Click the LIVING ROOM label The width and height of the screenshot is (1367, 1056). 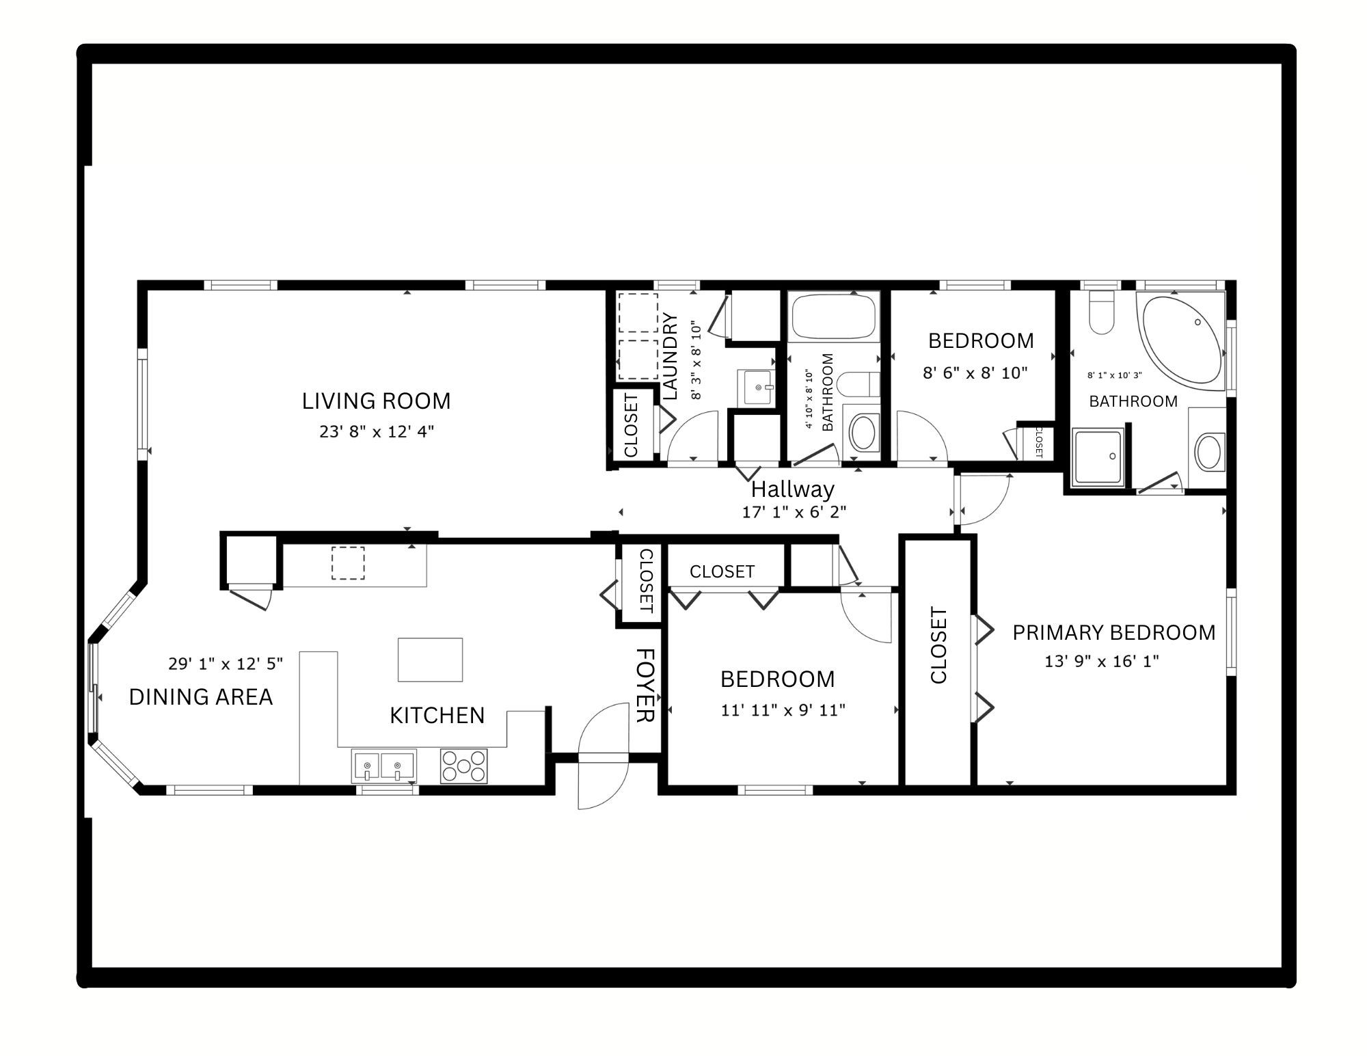point(377,401)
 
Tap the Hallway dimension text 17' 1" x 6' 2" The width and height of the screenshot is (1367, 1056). point(794,512)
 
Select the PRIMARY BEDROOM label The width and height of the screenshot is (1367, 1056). point(1114,632)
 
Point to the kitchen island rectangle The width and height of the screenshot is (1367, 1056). point(431,660)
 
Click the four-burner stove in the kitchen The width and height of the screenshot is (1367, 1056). point(464,766)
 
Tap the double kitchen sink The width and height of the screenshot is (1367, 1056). point(383,766)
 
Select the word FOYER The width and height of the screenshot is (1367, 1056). point(646,685)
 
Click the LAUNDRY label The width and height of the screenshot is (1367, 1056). point(671,356)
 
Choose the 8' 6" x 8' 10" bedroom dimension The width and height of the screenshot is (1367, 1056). point(975,373)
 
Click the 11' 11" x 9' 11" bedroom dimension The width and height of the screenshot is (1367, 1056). point(783,710)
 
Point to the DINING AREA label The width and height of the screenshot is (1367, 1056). point(201,696)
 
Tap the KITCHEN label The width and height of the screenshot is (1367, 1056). point(437,715)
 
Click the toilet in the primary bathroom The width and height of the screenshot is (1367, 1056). point(1102,312)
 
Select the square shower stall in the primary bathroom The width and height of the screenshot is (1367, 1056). point(1098,457)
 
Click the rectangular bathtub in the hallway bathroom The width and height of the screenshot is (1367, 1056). point(833,316)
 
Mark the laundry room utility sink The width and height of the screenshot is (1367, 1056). point(756,387)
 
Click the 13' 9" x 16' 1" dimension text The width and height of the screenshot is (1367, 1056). point(1102,662)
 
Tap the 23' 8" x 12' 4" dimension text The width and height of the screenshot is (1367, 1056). point(377,432)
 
